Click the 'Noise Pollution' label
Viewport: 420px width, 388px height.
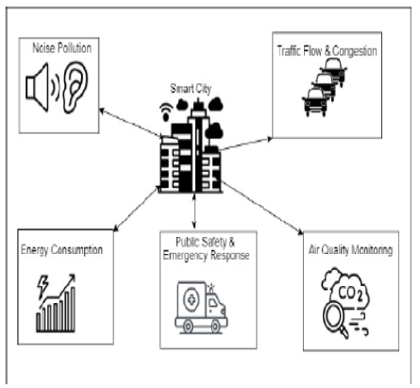point(63,46)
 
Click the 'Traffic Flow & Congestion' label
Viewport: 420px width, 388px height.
point(328,48)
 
